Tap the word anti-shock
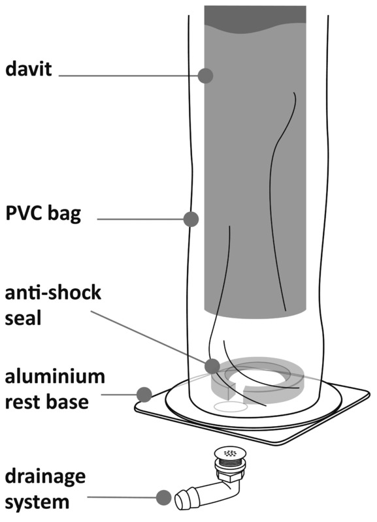coord(52,292)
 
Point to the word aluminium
coord(55,376)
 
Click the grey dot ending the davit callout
coord(205,75)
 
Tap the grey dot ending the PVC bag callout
coord(191,219)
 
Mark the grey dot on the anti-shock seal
coord(211,366)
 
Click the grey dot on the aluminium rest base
coord(144,394)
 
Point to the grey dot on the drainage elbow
coord(163,499)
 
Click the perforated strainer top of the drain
coord(227,452)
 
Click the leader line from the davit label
coord(131,76)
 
